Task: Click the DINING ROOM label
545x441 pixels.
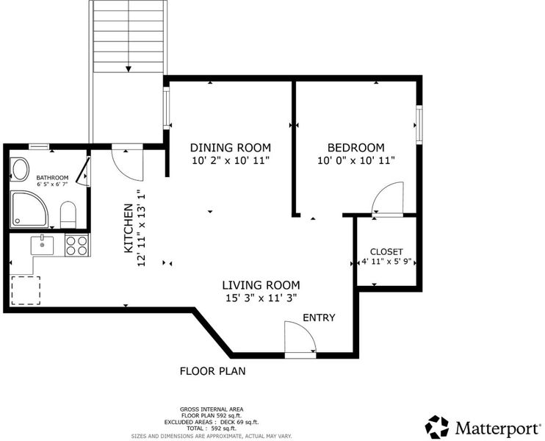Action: tap(231, 148)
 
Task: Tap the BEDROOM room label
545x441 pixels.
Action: tap(356, 148)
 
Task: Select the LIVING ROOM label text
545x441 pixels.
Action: tap(261, 285)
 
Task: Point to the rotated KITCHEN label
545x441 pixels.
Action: tap(129, 228)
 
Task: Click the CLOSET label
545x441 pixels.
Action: tap(386, 252)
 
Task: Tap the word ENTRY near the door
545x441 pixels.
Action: tap(319, 318)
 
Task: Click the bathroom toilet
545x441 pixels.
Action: tap(68, 215)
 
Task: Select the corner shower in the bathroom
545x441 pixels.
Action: tap(29, 209)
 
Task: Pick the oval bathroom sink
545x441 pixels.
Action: tap(20, 169)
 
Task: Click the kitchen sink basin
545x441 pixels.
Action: tap(42, 245)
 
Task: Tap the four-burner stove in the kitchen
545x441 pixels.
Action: tap(77, 245)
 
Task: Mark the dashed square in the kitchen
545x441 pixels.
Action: tap(26, 290)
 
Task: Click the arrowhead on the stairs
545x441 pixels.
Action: tap(129, 69)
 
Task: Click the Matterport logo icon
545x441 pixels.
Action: tap(437, 427)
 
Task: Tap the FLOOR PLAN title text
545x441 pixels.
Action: tap(213, 371)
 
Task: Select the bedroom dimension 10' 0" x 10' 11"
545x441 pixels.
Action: tap(356, 161)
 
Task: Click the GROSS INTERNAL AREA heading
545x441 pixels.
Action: tap(212, 409)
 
